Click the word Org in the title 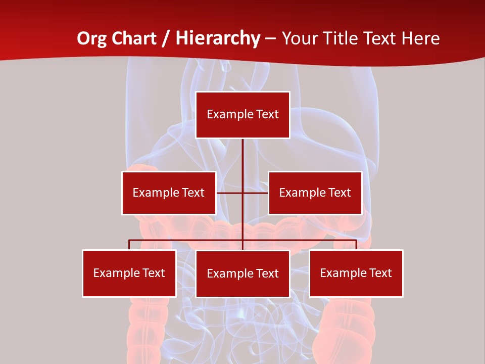pyautogui.click(x=91, y=38)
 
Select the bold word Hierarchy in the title pyautogui.click(x=217, y=38)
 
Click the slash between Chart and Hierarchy pyautogui.click(x=166, y=38)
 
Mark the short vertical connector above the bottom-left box pyautogui.click(x=129, y=245)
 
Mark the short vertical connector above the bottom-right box pyautogui.click(x=356, y=245)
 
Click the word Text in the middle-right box pyautogui.click(x=338, y=193)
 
